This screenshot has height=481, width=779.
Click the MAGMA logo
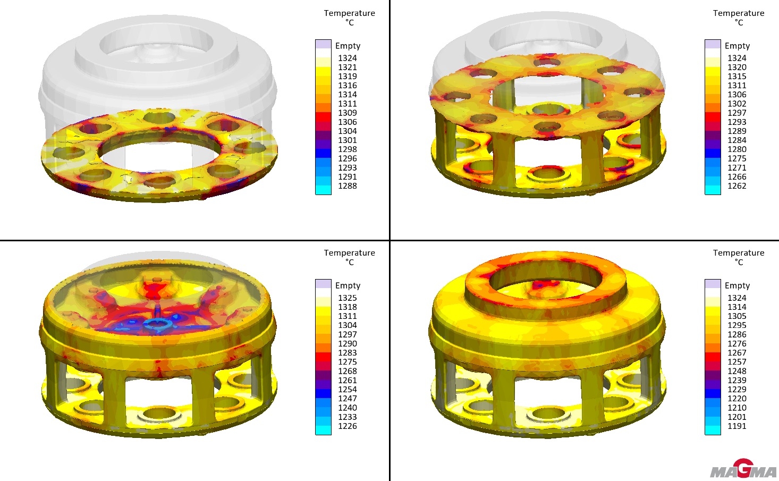click(x=743, y=468)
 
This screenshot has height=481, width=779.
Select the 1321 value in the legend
click(x=348, y=67)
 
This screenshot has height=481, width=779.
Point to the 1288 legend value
click(x=348, y=185)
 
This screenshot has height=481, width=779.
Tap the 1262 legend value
click(x=737, y=185)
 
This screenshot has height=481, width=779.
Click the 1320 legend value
click(x=737, y=67)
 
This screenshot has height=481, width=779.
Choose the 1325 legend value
click(x=348, y=298)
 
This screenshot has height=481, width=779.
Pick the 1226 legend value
click(x=348, y=426)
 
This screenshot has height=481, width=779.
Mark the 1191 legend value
click(x=737, y=426)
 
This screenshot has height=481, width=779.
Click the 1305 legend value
click(x=737, y=316)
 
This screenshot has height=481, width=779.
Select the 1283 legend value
click(x=348, y=353)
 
